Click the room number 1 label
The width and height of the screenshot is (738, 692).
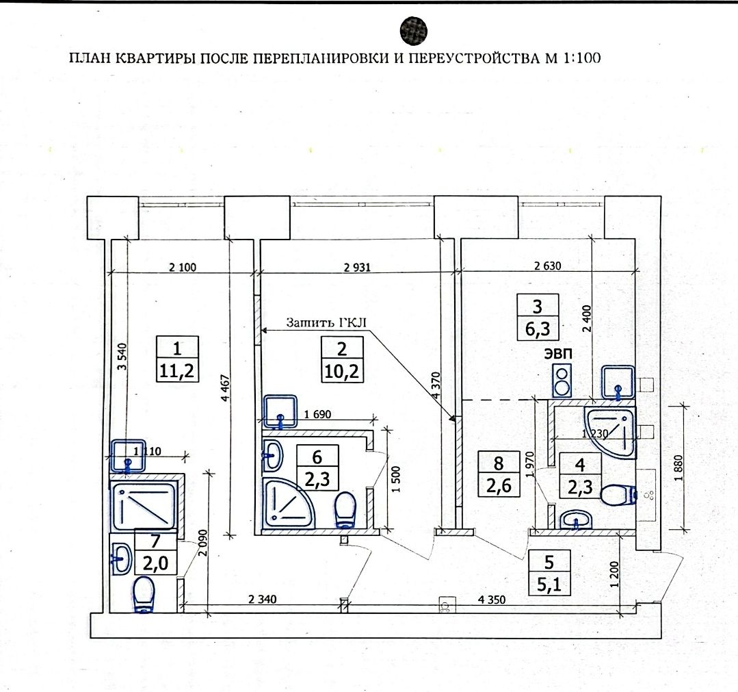177,348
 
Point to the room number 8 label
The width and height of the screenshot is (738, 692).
497,463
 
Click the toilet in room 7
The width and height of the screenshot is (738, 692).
144,595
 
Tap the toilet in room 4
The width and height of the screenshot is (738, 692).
620,495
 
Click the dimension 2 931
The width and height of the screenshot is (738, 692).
356,268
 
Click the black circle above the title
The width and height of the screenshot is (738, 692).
414,31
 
